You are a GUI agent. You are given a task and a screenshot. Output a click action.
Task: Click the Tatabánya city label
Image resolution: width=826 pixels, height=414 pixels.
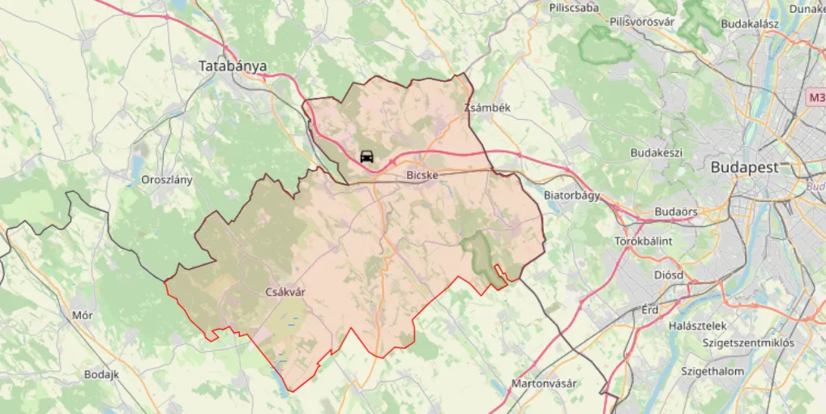click(233, 66)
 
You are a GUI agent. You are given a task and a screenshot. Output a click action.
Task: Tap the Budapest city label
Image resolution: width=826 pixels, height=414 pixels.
click(744, 168)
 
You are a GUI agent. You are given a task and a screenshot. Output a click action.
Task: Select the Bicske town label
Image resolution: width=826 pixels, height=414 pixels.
click(422, 174)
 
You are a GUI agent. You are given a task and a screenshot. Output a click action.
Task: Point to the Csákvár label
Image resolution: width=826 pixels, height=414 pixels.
click(285, 292)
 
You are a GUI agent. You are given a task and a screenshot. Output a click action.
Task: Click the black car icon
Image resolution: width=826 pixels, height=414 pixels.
click(366, 156)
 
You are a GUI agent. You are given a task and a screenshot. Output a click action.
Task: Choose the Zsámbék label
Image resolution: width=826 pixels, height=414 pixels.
click(487, 107)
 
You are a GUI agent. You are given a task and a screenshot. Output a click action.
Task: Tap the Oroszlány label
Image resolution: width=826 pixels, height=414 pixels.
click(167, 180)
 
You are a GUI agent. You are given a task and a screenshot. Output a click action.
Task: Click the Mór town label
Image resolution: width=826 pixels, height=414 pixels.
click(83, 315)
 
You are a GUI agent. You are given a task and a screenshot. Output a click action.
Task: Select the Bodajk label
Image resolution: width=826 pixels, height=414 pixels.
click(102, 374)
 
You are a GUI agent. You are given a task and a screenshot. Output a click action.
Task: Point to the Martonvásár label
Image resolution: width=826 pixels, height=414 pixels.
click(544, 383)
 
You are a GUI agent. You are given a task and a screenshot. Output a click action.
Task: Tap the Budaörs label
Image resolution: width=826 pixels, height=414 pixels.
click(676, 212)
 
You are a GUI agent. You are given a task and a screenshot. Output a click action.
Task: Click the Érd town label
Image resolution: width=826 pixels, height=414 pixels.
click(650, 309)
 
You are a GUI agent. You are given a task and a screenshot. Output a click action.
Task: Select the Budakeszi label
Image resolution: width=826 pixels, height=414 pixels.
click(657, 152)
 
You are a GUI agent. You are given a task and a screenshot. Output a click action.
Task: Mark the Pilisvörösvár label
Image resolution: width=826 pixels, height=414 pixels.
click(643, 22)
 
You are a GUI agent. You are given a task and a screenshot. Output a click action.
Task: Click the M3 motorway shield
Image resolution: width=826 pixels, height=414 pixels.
click(815, 98)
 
